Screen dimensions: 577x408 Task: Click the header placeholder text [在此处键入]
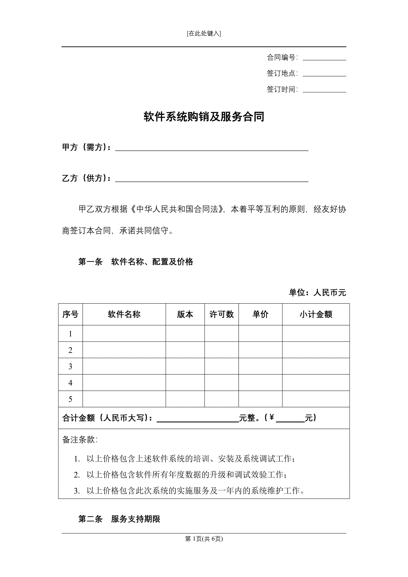(204, 33)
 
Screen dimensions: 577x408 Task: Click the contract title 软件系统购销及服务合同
(204, 117)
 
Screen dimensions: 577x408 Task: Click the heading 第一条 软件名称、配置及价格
(136, 262)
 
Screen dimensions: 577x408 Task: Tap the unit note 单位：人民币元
(317, 293)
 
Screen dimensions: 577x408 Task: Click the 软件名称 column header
(124, 314)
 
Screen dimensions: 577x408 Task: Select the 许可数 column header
(221, 314)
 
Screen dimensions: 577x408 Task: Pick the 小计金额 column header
(316, 314)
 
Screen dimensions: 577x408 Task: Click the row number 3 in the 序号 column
(70, 366)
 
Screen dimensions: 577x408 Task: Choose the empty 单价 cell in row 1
(260, 333)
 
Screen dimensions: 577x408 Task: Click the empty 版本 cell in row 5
(185, 399)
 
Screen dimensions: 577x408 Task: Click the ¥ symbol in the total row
(272, 417)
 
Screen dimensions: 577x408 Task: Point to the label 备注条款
(80, 440)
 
